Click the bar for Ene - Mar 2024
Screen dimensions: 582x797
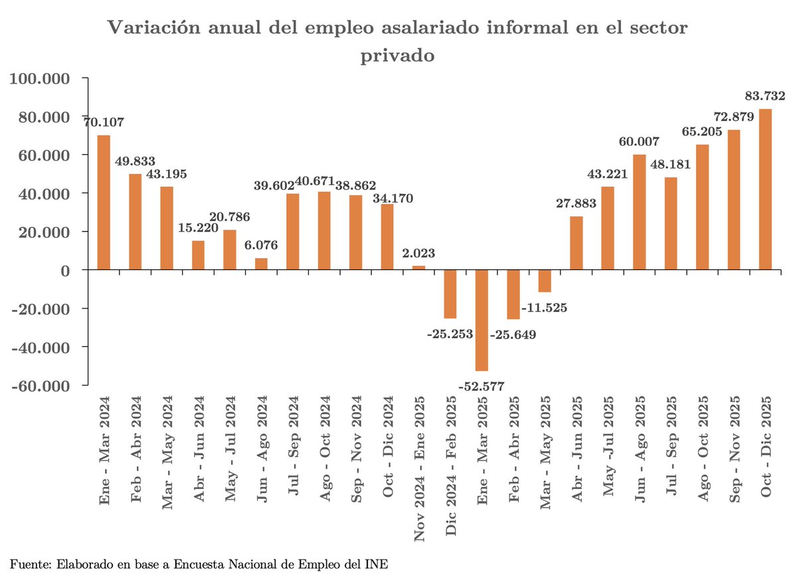[x=104, y=202]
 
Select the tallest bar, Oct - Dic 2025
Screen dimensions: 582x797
[x=765, y=189]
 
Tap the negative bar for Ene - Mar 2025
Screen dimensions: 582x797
[x=482, y=320]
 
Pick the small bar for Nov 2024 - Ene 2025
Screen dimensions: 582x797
[x=418, y=268]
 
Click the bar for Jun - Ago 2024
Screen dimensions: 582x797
[x=261, y=264]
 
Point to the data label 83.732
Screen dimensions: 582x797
[x=764, y=96]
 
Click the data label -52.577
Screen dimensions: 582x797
[x=481, y=386]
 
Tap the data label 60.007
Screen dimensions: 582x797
[x=638, y=141]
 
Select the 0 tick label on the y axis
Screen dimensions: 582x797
[x=64, y=271]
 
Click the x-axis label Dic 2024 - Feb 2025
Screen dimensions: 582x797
[x=451, y=465]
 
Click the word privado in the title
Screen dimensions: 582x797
[x=397, y=56]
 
